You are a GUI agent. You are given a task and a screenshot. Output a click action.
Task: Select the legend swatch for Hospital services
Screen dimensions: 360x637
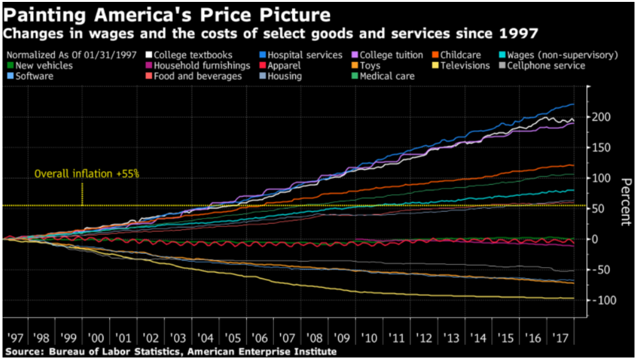[x=263, y=55]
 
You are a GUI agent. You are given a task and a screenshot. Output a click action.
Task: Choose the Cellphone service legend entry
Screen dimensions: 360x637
[x=545, y=65]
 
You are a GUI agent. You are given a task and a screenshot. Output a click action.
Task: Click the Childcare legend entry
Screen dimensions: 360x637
[x=460, y=55]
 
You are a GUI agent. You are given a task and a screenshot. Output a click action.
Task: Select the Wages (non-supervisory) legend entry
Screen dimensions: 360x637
[x=566, y=55]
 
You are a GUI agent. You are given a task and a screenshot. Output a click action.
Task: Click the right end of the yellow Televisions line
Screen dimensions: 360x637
[x=574, y=298]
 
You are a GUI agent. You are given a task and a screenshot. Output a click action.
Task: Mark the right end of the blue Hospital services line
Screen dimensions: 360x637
[x=574, y=104]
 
